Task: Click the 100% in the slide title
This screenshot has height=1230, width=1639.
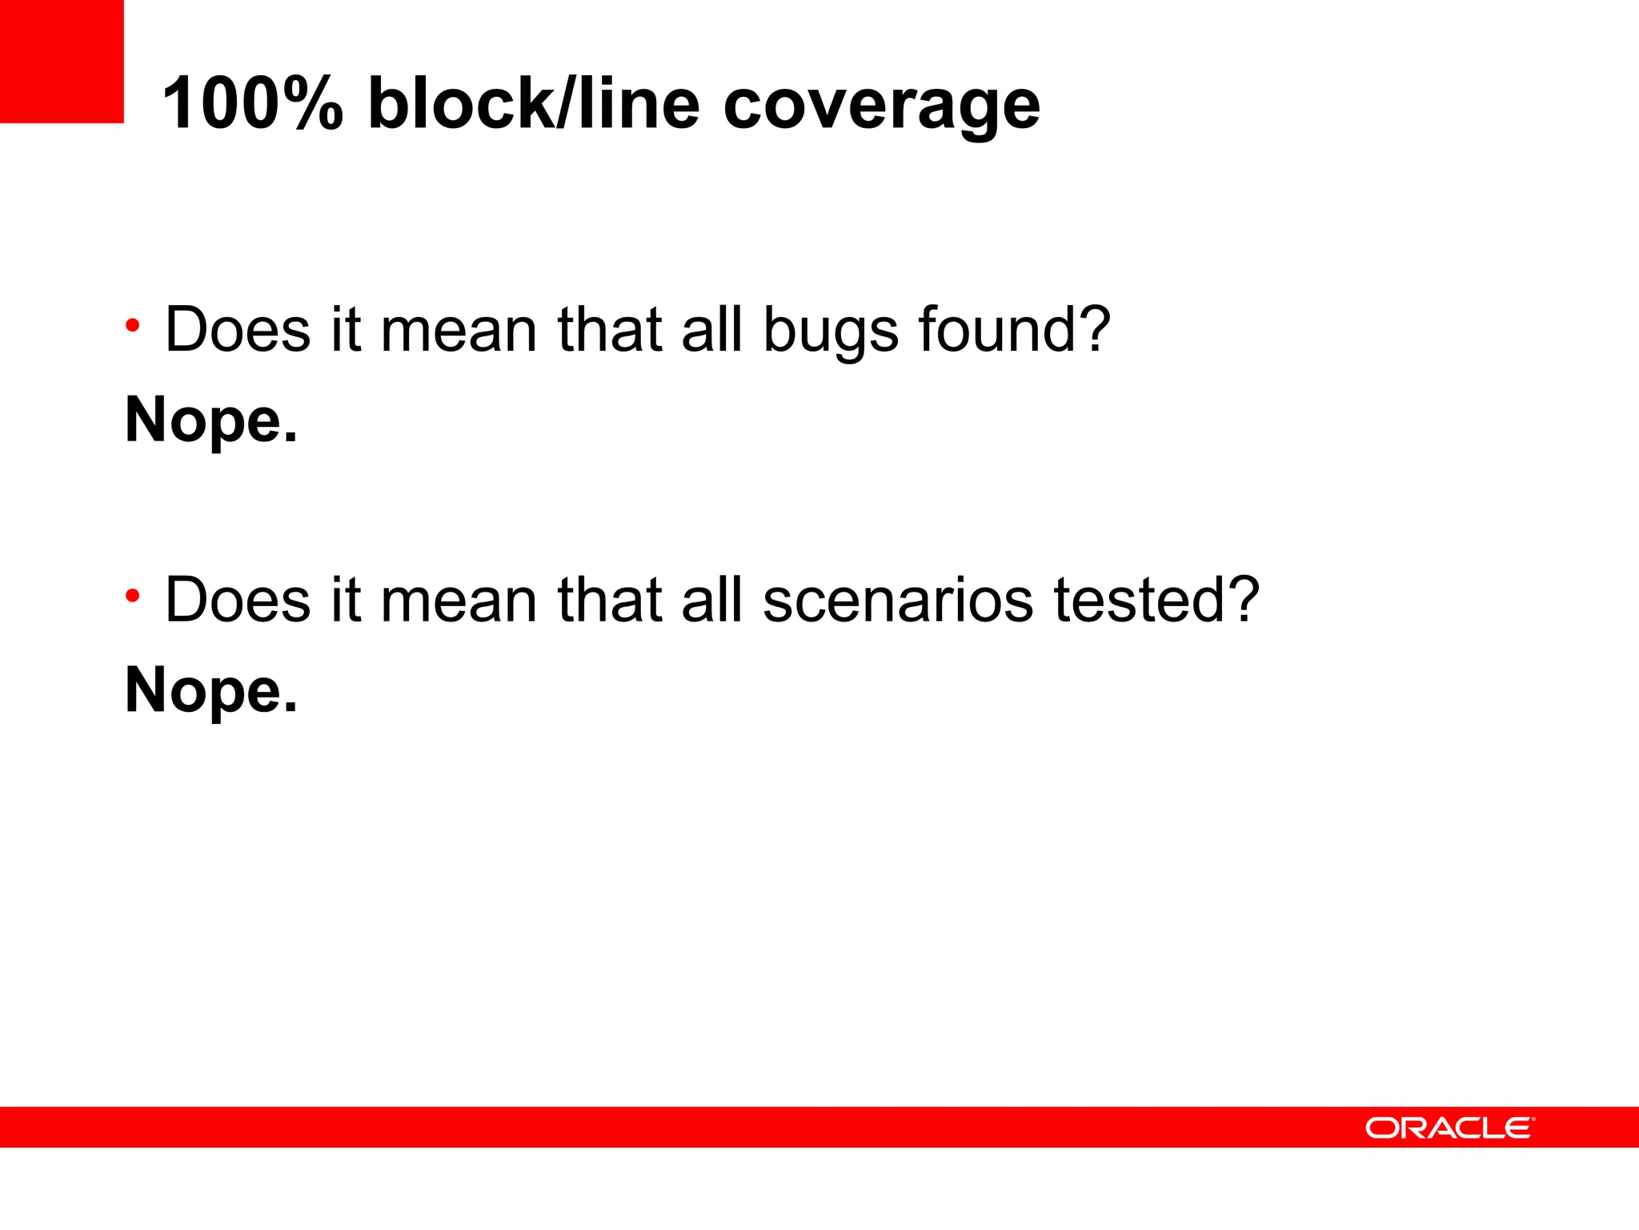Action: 252,104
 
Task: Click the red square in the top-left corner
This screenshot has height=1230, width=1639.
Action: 62,61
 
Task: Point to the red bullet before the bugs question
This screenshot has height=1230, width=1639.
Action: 133,326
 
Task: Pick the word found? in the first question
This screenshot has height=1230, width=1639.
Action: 1014,329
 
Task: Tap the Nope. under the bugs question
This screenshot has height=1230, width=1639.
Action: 211,421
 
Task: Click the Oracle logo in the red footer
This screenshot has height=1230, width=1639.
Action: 1449,1127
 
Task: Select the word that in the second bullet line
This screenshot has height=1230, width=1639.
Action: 609,600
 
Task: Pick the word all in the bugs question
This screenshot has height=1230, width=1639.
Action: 711,329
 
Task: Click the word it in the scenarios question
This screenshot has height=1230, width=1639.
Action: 345,600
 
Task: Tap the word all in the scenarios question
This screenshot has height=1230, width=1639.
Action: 711,600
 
